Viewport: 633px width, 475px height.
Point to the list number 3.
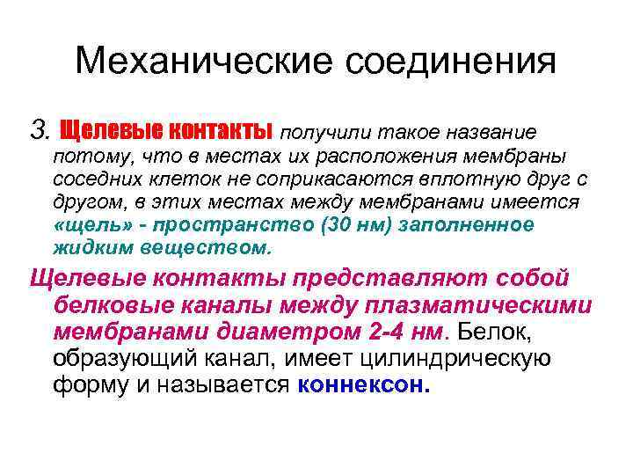39,132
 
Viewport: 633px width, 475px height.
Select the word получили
320,133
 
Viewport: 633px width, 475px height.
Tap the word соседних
92,179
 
